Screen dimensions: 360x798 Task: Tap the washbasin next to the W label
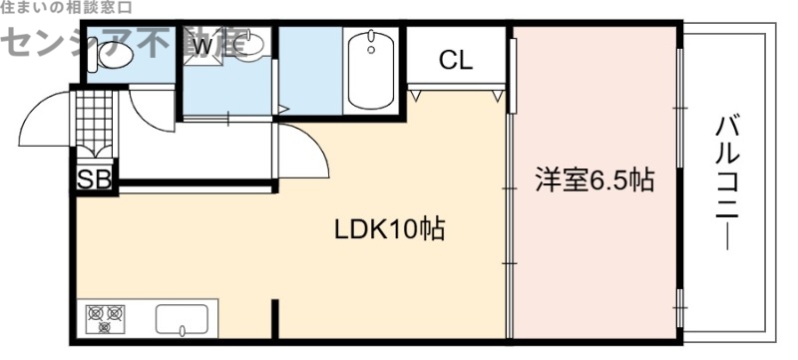[253, 45]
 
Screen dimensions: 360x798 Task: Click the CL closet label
[456, 60]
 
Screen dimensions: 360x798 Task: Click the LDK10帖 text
[389, 229]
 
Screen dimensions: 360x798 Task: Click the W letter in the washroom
[203, 45]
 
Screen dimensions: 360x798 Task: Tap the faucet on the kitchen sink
[184, 329]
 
